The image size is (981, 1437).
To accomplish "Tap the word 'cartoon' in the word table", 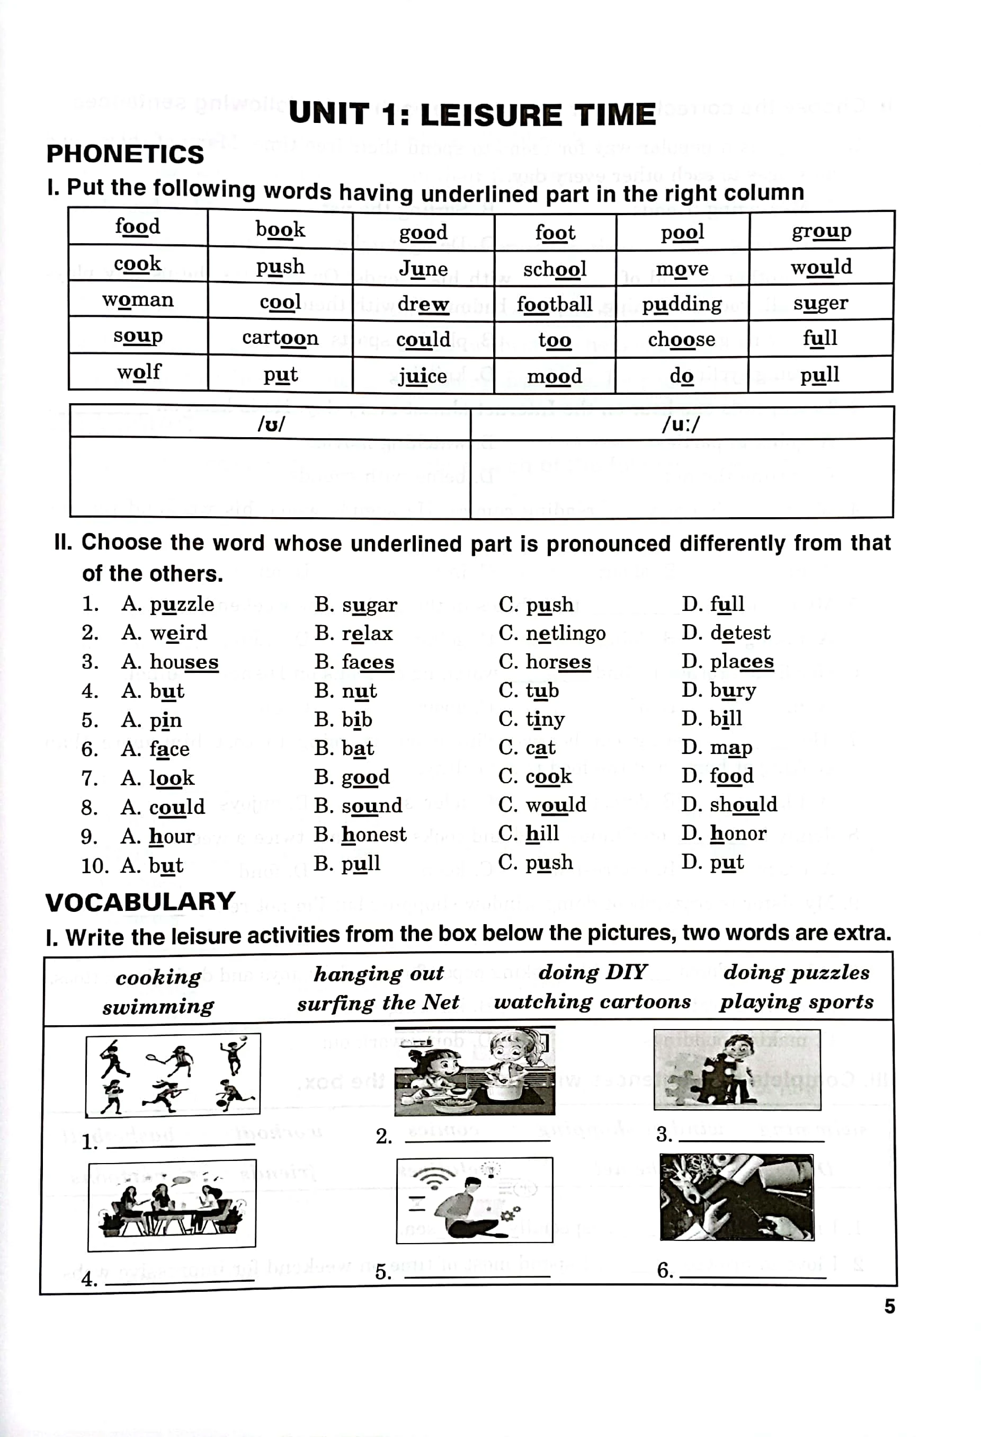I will [x=280, y=338].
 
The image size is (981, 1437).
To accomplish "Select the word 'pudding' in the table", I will [x=681, y=304].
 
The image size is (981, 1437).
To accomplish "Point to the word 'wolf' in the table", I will [x=139, y=372].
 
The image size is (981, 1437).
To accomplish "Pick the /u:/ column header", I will [x=681, y=424].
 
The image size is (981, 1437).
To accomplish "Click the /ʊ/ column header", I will [x=271, y=424].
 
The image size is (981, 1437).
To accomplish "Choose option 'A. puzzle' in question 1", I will [x=168, y=604].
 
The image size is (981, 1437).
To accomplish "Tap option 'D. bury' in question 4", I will [x=719, y=690].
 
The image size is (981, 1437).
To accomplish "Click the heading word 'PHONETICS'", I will [x=125, y=154].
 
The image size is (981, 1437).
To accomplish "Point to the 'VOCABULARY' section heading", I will [x=140, y=902].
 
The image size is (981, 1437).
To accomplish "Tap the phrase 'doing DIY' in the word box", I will [x=593, y=973].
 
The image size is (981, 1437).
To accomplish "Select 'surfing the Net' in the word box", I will [x=378, y=1003].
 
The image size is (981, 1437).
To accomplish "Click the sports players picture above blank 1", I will [x=173, y=1075].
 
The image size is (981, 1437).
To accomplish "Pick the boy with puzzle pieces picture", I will [x=737, y=1070].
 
